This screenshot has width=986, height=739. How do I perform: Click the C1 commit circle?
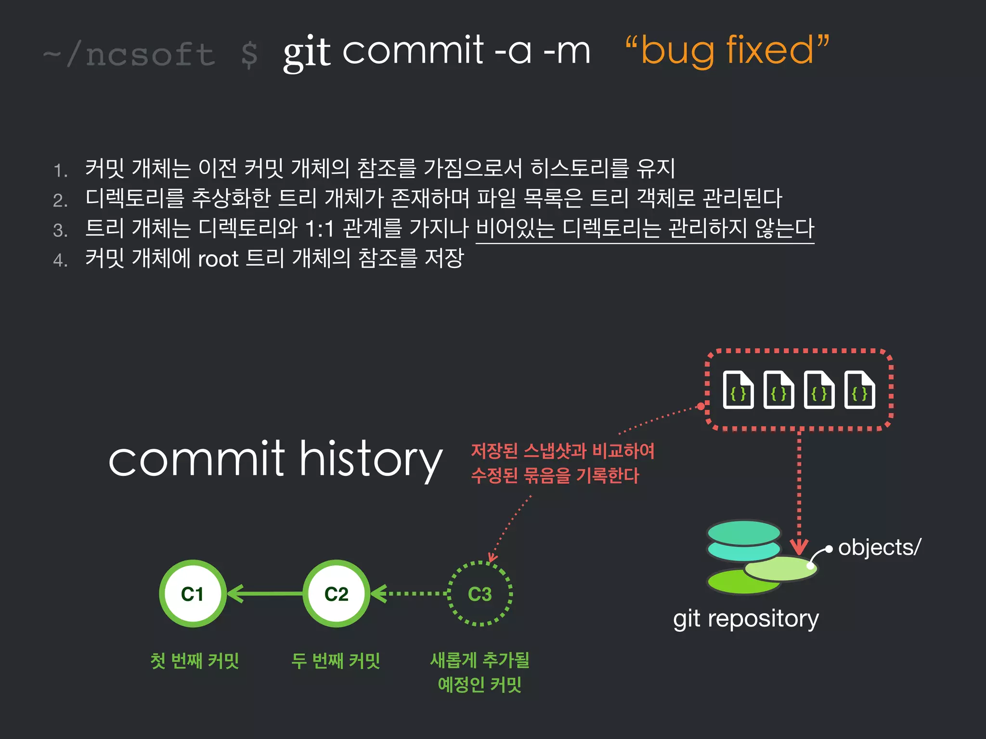(x=193, y=594)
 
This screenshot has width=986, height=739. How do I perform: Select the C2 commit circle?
(x=336, y=594)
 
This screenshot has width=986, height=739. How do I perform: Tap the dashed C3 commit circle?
(x=480, y=594)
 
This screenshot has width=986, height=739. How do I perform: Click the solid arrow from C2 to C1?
(x=265, y=594)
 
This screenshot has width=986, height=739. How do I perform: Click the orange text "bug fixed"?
(x=727, y=50)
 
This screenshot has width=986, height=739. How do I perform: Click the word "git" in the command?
(x=307, y=52)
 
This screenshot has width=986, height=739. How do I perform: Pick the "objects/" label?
(x=879, y=548)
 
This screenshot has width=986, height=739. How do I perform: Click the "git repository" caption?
(x=746, y=619)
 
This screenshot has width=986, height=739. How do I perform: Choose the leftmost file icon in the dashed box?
(x=738, y=390)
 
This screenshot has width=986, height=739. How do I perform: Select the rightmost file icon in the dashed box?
(x=859, y=390)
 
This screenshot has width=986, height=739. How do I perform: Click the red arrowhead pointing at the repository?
(x=799, y=547)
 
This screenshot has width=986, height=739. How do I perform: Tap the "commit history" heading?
(x=275, y=459)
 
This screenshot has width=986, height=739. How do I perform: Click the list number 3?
(x=60, y=230)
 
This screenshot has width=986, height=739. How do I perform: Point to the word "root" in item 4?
(x=218, y=259)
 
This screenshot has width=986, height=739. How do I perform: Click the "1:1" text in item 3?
(x=320, y=229)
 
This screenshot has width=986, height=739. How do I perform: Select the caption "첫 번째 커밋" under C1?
(x=195, y=661)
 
